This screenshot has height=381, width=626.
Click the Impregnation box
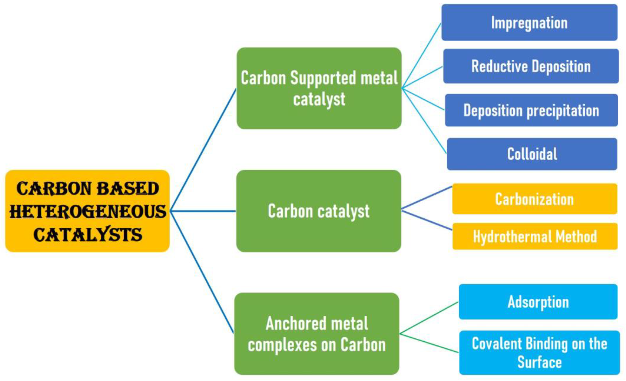click(x=529, y=22)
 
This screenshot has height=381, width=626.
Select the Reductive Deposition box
click(x=531, y=66)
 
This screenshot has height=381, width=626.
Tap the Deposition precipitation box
click(x=531, y=110)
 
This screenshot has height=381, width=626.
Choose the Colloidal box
click(x=532, y=154)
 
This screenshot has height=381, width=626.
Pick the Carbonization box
click(x=535, y=199)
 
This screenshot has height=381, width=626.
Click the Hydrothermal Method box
click(x=535, y=236)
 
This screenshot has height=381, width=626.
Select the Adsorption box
click(x=538, y=302)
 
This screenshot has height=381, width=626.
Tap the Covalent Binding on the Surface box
click(x=539, y=353)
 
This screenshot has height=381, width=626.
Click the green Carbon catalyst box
click(x=318, y=211)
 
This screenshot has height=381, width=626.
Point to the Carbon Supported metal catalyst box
click(x=319, y=88)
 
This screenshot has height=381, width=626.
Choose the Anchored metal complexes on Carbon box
click(x=317, y=334)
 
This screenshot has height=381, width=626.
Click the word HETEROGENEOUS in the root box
click(x=88, y=211)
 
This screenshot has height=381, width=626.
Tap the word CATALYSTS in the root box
click(x=88, y=235)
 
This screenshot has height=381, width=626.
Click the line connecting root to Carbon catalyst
click(x=203, y=211)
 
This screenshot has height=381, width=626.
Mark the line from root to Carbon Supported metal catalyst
click(x=203, y=150)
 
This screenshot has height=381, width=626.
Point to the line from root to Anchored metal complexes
click(x=202, y=272)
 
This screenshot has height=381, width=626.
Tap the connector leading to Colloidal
click(x=424, y=121)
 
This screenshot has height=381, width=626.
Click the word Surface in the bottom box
click(x=539, y=362)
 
